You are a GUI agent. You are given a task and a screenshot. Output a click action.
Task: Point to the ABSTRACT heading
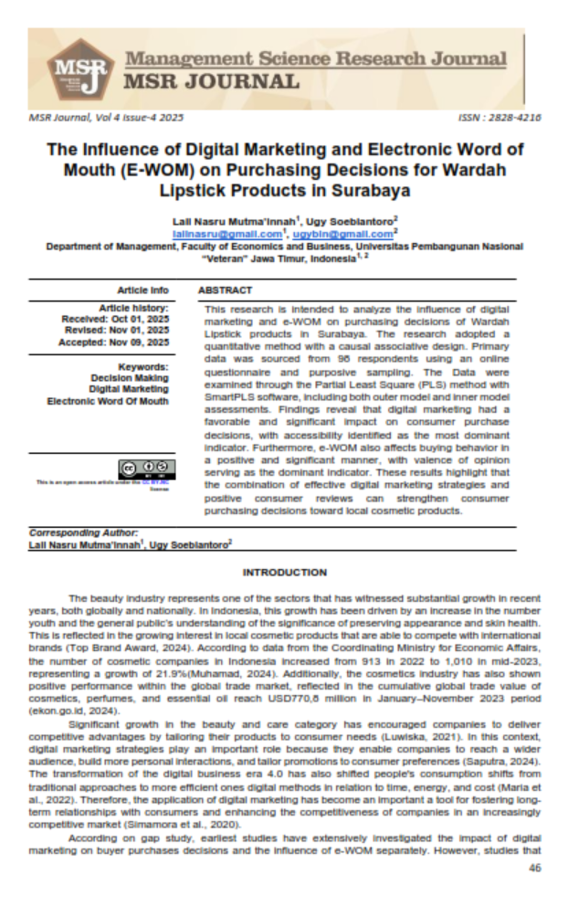pyautogui.click(x=225, y=290)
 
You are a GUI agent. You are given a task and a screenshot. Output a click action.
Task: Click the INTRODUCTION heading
pyautogui.click(x=284, y=573)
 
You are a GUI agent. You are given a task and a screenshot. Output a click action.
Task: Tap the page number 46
pyautogui.click(x=534, y=868)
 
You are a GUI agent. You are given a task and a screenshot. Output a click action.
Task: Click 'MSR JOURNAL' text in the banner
pyautogui.click(x=212, y=81)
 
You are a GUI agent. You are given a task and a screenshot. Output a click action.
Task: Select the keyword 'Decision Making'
pyautogui.click(x=130, y=377)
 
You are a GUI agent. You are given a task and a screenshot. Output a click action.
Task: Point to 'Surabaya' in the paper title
pyautogui.click(x=363, y=190)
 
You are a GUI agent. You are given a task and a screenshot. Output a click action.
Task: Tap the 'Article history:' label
pyautogui.click(x=134, y=307)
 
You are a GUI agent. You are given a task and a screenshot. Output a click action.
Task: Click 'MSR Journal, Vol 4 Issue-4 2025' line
pyautogui.click(x=106, y=118)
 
